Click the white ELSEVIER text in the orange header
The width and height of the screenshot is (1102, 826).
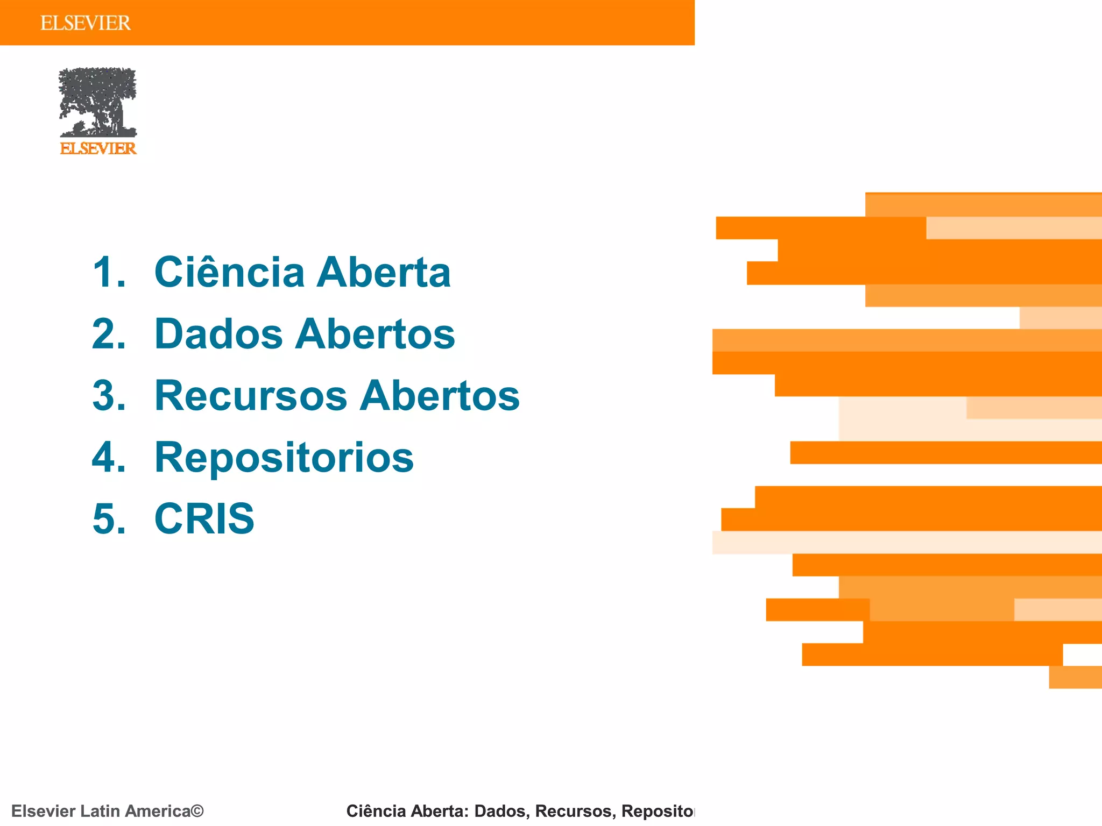86,23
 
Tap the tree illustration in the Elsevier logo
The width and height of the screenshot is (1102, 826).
97,102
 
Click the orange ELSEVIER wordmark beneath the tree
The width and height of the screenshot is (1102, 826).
98,148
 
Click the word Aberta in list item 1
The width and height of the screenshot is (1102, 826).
383,272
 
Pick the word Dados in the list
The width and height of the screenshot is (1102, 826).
218,334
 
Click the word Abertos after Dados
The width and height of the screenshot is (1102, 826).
375,334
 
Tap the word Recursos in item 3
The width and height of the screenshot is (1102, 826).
251,396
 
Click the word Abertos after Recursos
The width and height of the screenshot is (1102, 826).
440,396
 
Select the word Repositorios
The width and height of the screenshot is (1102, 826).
284,458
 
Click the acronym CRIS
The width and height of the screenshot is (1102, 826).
204,519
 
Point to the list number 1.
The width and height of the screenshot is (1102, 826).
108,272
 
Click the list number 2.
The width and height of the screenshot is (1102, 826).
108,334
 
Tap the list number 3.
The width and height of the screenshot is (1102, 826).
108,396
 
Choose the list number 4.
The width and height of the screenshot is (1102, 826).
108,458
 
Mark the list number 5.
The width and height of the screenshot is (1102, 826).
108,519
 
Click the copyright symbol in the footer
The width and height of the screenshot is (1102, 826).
197,811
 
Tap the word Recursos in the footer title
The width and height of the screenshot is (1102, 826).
574,811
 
